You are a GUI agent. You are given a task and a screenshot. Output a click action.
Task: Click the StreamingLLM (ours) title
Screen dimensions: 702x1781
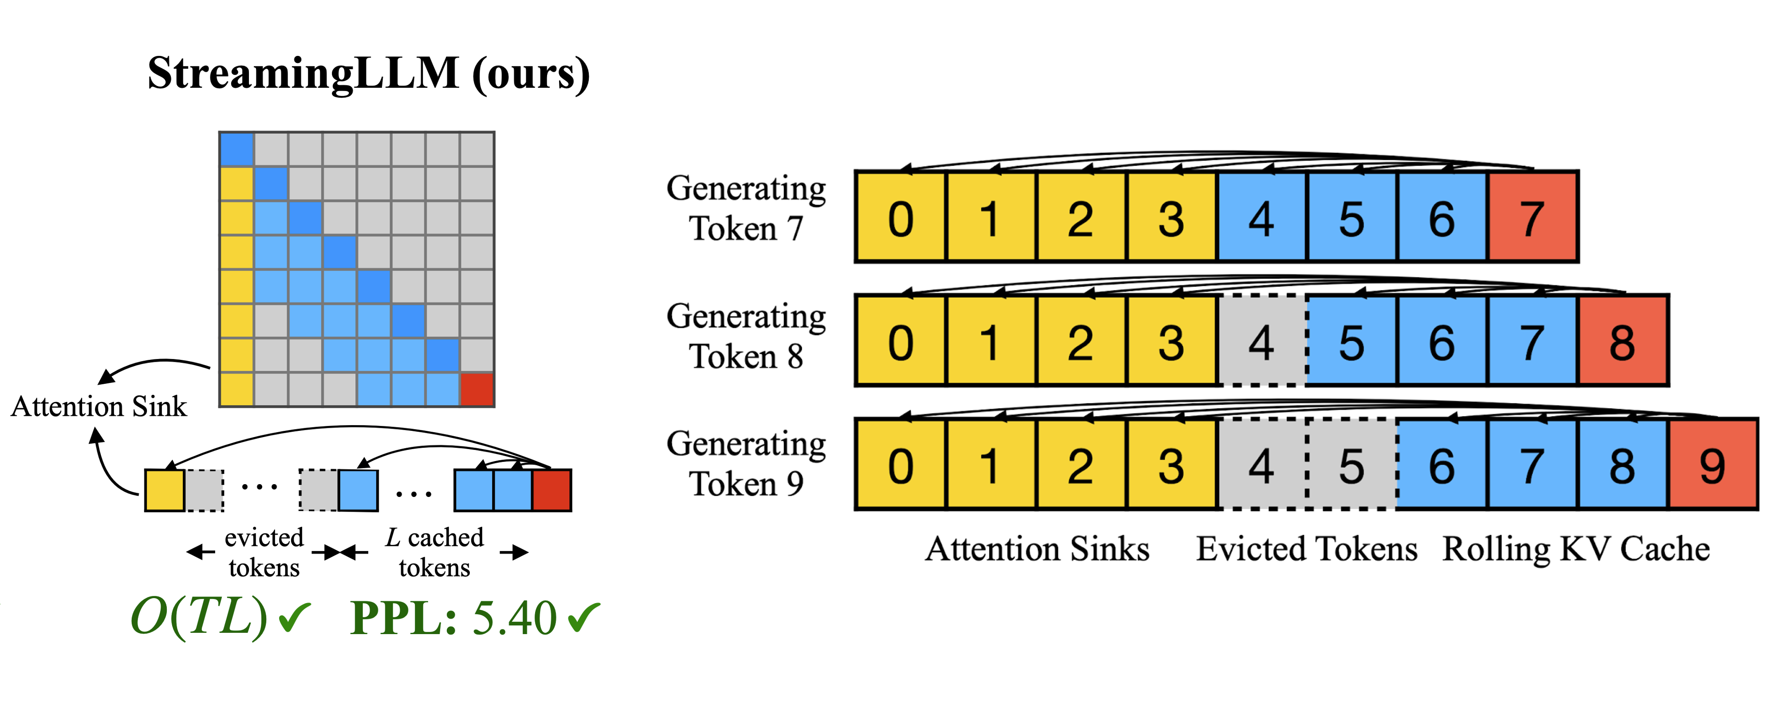point(369,73)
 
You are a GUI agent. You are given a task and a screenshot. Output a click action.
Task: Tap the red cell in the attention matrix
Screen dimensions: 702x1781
point(477,390)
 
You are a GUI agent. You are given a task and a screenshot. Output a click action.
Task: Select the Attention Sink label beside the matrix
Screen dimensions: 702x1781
point(99,406)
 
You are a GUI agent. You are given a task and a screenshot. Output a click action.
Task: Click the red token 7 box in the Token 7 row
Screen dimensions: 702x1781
point(1532,217)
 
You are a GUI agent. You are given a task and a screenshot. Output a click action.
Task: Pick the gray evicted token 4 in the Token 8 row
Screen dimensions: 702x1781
point(1262,341)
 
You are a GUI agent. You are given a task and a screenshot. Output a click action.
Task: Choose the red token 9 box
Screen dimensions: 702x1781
point(1713,465)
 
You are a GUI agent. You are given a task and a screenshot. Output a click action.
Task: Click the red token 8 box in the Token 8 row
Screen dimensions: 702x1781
point(1623,341)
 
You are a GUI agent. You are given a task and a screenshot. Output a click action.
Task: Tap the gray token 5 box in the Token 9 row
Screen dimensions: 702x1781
point(1352,465)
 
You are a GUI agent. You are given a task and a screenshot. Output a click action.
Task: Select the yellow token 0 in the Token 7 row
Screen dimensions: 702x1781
point(901,217)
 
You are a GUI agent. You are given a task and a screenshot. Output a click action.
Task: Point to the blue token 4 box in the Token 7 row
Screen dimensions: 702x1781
point(1262,217)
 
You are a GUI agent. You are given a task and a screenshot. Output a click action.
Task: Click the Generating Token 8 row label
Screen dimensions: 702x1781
point(746,336)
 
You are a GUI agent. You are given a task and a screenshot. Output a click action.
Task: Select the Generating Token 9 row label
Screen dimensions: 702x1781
point(746,463)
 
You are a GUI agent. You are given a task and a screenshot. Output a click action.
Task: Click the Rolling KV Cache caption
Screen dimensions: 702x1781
point(1576,549)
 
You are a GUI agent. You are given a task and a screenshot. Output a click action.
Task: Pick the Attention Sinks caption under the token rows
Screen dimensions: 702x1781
point(1037,549)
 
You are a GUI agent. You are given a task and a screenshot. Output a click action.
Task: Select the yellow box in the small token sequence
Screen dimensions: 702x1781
point(165,490)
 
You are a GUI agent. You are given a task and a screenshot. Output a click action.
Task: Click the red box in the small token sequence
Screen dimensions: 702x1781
point(552,490)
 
